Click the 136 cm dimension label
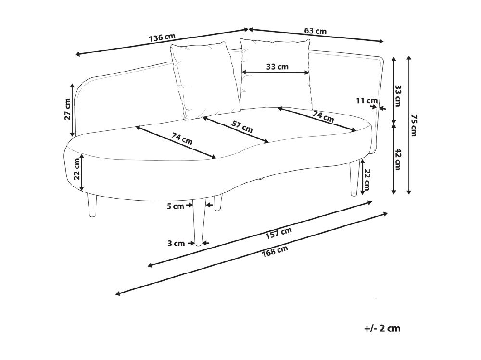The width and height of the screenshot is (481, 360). (x=162, y=37)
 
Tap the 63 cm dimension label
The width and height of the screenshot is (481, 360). (x=316, y=31)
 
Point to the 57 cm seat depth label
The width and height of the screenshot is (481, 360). (x=242, y=126)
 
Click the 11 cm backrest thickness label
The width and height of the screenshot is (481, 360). (x=367, y=100)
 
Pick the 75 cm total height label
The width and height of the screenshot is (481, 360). (x=414, y=125)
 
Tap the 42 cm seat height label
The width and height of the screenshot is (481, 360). (x=398, y=159)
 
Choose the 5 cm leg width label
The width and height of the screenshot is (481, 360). (x=175, y=206)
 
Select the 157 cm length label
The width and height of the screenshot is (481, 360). (x=278, y=233)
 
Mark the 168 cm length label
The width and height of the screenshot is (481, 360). (x=275, y=251)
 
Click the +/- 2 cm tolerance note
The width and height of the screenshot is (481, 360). (x=382, y=328)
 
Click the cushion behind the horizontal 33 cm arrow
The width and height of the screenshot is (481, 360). (x=277, y=74)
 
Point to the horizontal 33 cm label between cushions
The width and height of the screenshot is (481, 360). (x=278, y=66)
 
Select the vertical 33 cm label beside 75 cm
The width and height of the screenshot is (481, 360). (x=398, y=96)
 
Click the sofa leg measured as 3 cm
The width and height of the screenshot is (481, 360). (x=199, y=222)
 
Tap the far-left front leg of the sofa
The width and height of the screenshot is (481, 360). (x=92, y=205)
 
